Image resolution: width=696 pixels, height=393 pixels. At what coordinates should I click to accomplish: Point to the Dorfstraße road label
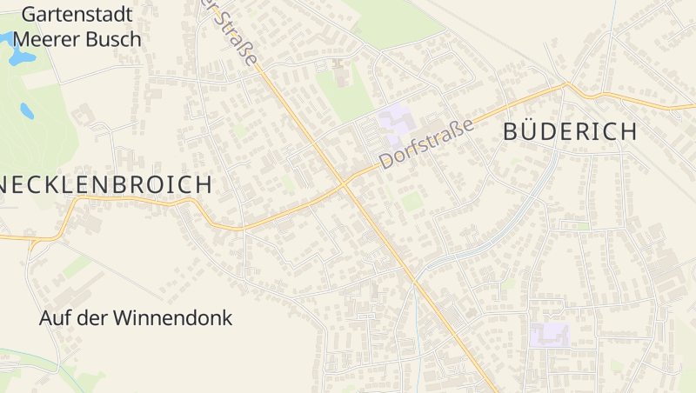[427, 144]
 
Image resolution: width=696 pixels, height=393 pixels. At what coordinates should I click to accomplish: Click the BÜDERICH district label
[571, 132]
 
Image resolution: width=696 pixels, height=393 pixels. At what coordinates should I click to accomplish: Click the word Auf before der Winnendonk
[55, 318]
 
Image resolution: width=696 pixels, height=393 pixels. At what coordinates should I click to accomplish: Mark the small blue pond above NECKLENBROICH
[27, 110]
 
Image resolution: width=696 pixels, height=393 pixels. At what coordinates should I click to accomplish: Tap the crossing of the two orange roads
[345, 183]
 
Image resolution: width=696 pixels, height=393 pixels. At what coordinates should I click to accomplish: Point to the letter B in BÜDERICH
[512, 132]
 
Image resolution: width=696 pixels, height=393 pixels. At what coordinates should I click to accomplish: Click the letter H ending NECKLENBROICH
[203, 184]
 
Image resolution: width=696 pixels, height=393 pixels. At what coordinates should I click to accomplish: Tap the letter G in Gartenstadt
[30, 14]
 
